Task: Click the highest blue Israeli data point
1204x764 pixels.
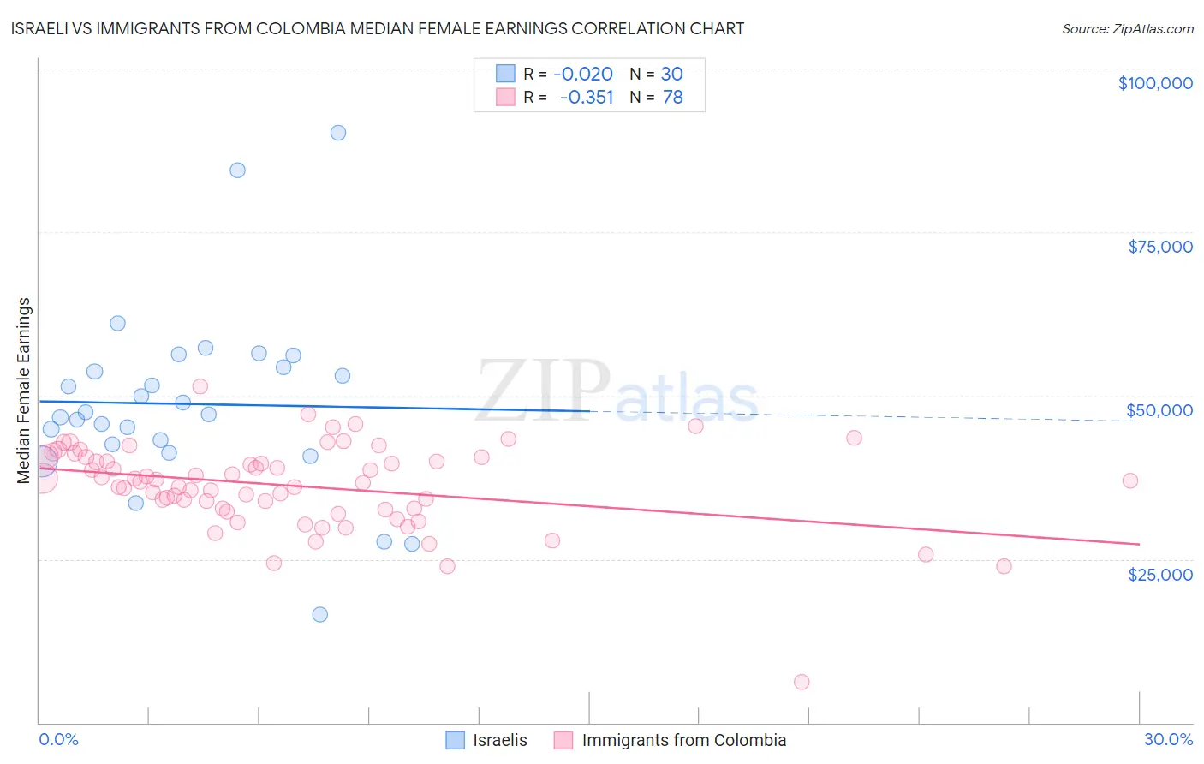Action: (x=338, y=133)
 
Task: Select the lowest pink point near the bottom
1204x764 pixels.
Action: (x=802, y=682)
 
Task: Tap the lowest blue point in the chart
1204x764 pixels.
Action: (x=320, y=614)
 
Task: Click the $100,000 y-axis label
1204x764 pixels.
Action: (x=1155, y=83)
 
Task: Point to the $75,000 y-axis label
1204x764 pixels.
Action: (x=1160, y=247)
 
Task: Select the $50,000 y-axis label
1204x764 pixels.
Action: (x=1159, y=410)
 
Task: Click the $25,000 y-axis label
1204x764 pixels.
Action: (x=1160, y=574)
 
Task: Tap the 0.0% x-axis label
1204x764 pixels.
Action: (x=58, y=739)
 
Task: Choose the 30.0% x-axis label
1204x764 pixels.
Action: (x=1168, y=739)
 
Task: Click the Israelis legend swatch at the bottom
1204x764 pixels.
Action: (x=455, y=740)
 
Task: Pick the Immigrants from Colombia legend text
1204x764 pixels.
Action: (x=683, y=740)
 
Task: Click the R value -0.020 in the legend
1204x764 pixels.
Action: (x=583, y=75)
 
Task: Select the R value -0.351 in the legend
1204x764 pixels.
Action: (x=587, y=98)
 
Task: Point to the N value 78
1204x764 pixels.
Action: (x=673, y=98)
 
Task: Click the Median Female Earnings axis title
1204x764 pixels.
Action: (x=24, y=391)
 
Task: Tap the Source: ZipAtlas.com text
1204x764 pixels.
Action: (x=1127, y=29)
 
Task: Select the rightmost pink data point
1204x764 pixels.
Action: (x=1130, y=480)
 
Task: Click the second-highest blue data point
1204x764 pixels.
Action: (x=237, y=170)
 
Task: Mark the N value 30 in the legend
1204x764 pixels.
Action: (x=671, y=75)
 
